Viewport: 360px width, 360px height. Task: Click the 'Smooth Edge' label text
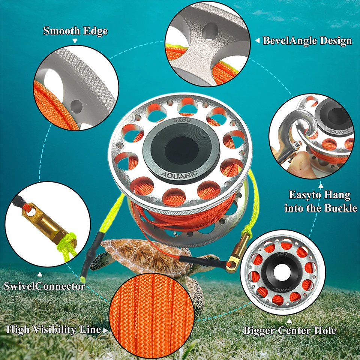tap(75, 31)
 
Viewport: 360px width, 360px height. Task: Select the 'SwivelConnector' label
tap(44, 286)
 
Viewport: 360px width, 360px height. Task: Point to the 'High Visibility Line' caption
tap(54, 330)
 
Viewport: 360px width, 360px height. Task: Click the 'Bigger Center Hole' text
tap(290, 330)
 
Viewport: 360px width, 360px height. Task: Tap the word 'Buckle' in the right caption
tap(339, 208)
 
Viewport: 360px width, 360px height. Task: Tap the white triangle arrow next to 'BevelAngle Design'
tap(257, 40)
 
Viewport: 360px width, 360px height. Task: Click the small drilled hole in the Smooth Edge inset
tap(77, 104)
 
